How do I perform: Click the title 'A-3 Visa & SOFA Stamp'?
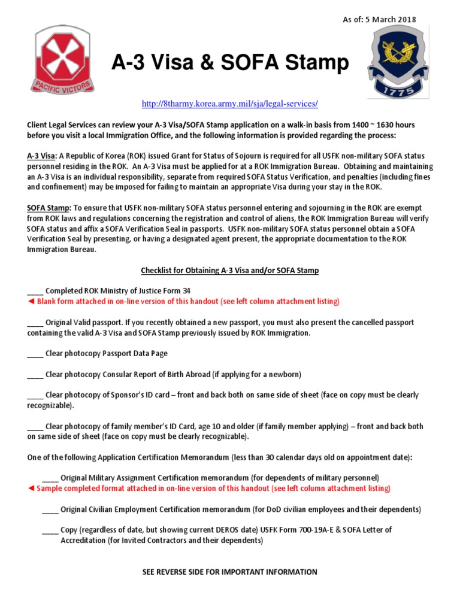click(230, 62)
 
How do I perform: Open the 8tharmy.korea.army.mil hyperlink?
click(229, 104)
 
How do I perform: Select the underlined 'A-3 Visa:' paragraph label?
click(42, 156)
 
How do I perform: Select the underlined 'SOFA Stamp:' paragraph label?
click(48, 208)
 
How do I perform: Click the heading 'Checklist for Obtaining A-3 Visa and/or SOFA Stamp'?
click(229, 271)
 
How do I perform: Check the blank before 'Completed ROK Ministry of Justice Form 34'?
click(35, 291)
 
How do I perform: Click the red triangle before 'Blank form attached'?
click(31, 301)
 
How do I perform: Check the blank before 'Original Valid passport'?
click(35, 323)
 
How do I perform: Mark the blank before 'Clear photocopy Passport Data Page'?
click(35, 354)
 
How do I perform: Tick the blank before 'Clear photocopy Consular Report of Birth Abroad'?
click(35, 375)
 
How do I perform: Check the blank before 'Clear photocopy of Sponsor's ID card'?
click(35, 396)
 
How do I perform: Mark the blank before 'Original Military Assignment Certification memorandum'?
click(50, 478)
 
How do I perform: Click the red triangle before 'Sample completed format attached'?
click(31, 489)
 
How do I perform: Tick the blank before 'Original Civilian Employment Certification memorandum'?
click(50, 510)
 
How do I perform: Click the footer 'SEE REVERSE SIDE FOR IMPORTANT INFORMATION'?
click(229, 572)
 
